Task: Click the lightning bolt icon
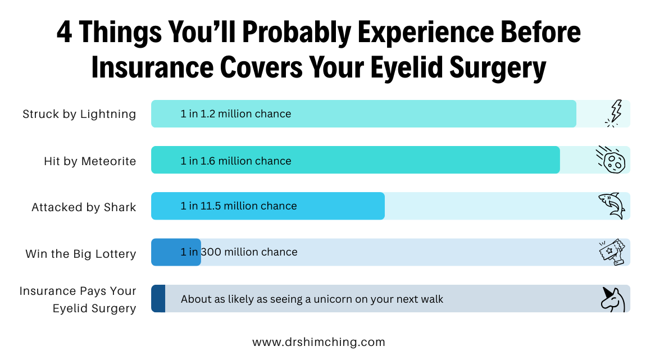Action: [x=615, y=113]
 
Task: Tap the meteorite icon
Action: [x=611, y=160]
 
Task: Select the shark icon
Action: [x=612, y=206]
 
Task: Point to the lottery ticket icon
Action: [x=611, y=252]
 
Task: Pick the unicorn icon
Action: [x=612, y=299]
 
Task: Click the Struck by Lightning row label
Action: [x=79, y=114]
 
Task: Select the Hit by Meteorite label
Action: [x=90, y=161]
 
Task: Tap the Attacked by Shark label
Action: [x=84, y=207]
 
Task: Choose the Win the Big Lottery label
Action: [x=81, y=254]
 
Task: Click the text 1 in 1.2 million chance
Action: [x=236, y=114]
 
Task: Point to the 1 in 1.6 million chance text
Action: [x=236, y=161]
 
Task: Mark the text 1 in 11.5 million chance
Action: [x=239, y=206]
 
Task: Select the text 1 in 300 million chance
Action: [x=239, y=252]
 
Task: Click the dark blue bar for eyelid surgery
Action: [x=158, y=299]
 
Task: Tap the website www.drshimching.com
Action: [x=319, y=342]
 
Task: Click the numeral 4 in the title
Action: [x=65, y=34]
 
